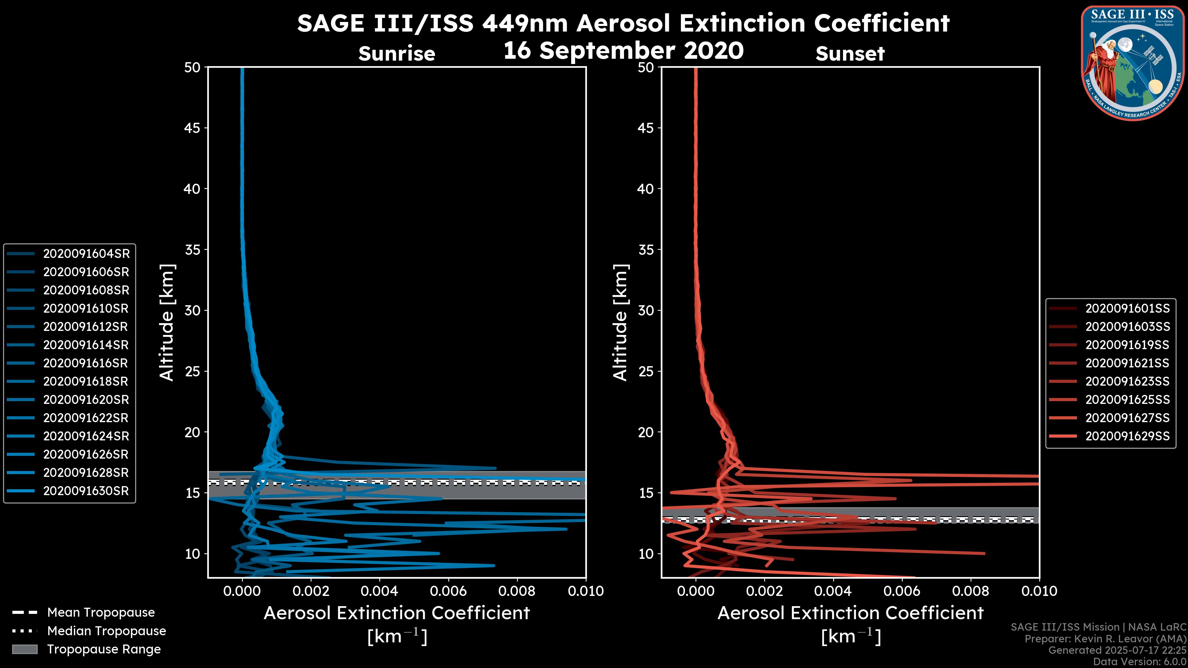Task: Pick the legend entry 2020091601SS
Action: coord(1127,308)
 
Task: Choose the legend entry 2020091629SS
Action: coord(1127,436)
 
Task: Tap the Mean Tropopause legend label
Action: coord(101,612)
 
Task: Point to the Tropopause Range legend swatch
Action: coord(24,649)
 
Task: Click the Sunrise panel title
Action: coord(397,54)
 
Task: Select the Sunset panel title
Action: coord(850,54)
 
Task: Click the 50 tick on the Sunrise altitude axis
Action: coord(192,67)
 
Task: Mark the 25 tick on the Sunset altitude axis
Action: coord(646,371)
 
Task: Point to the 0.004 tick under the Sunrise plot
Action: coord(379,591)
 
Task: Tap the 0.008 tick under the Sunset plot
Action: coord(971,591)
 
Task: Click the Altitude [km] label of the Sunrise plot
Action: coord(167,323)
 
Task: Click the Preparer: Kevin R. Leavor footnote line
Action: coord(1105,639)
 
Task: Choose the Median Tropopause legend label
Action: coord(106,631)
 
